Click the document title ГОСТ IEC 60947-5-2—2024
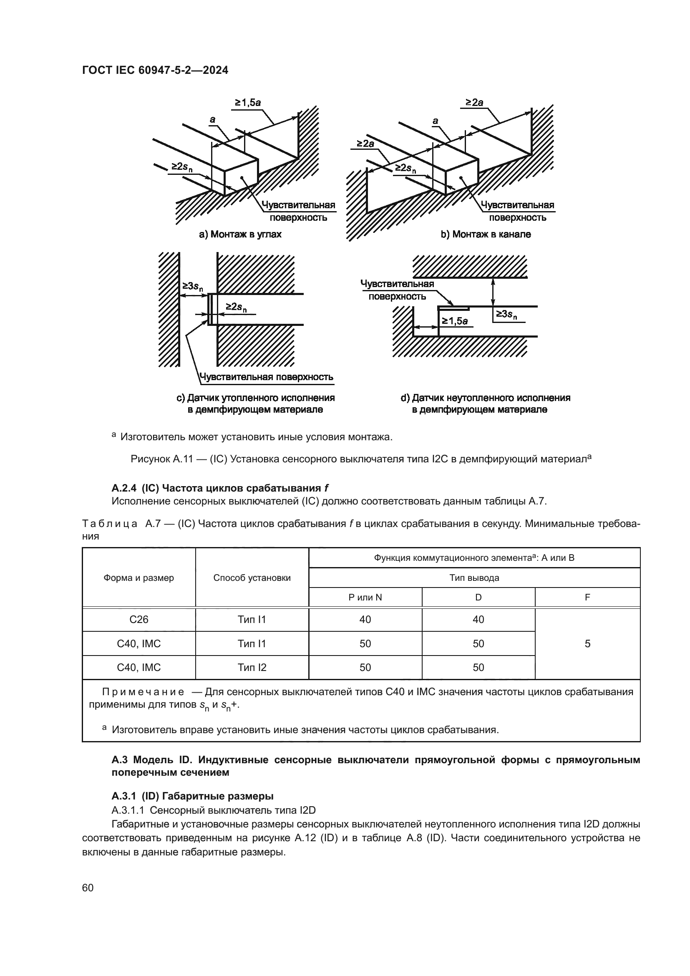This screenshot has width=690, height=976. click(x=155, y=70)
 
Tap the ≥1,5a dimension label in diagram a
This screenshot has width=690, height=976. click(x=248, y=103)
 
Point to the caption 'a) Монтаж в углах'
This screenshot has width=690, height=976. click(x=240, y=234)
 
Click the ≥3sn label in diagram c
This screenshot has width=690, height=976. click(x=192, y=287)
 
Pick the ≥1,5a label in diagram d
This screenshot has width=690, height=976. click(x=455, y=321)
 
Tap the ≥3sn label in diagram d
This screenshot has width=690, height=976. click(x=506, y=315)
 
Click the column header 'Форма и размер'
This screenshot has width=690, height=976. click(x=139, y=578)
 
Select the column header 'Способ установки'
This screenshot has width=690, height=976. click(x=252, y=578)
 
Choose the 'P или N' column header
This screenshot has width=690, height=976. click(x=365, y=597)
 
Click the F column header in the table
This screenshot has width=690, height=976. click(x=587, y=597)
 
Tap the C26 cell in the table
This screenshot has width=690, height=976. click(x=139, y=619)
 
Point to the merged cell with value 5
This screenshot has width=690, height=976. click(x=587, y=643)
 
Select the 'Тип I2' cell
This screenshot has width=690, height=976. click(x=252, y=667)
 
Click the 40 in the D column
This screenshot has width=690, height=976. click(x=478, y=619)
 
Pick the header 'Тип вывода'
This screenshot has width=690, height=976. click(x=474, y=578)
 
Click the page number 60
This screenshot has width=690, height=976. click(x=88, y=888)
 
